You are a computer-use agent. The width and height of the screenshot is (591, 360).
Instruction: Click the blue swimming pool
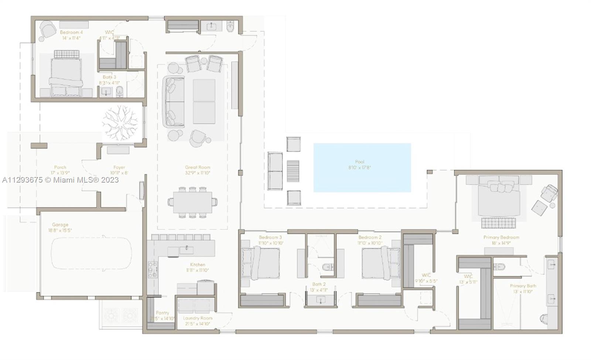coord(362,167)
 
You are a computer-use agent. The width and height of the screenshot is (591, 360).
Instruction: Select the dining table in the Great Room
coord(192,202)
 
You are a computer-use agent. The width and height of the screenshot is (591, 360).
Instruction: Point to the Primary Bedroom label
coord(501,237)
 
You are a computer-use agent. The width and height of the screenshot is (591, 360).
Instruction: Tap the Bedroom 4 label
coord(71,33)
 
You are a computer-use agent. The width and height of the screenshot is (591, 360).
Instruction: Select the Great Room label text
coord(198,167)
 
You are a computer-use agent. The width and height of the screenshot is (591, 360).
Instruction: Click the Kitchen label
coord(198,265)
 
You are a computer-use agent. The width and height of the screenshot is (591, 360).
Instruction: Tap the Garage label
coord(60,225)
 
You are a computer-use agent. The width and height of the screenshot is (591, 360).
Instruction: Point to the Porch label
coord(60,167)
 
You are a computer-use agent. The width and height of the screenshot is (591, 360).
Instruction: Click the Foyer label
coord(119,167)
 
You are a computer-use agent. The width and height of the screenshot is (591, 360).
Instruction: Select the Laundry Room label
coord(198,318)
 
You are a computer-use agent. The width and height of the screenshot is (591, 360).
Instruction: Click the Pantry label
coord(162,313)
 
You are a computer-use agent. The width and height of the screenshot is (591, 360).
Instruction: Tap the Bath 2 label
coord(319,284)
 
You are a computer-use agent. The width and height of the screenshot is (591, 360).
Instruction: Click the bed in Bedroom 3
coord(260,262)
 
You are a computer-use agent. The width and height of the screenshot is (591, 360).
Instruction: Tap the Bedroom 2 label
coord(370,237)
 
